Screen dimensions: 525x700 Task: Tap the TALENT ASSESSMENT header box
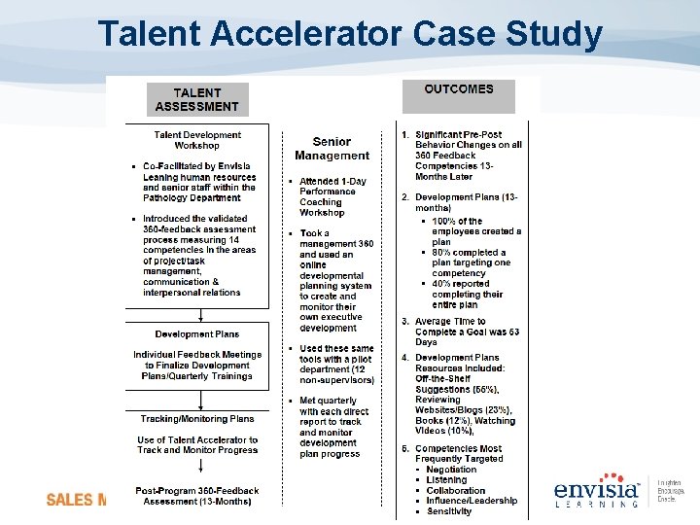tap(196, 99)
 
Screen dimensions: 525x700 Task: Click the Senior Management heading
tap(332, 148)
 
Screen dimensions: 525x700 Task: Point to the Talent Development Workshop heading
tap(197, 140)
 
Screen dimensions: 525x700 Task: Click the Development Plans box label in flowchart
tap(197, 334)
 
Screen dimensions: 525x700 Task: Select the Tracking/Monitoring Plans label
tap(197, 419)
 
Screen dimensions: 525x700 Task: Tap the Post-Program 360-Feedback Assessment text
tap(197, 496)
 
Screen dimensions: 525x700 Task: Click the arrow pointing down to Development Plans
tap(199, 315)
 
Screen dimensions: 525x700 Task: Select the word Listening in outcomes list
tap(446, 479)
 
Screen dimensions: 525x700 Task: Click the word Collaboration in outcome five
tap(455, 490)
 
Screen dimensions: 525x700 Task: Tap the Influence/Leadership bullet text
tap(472, 501)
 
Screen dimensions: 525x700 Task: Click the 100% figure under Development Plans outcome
tap(444, 221)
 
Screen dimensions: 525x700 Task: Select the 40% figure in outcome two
tap(441, 284)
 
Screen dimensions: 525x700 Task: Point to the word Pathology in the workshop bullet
tap(163, 197)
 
